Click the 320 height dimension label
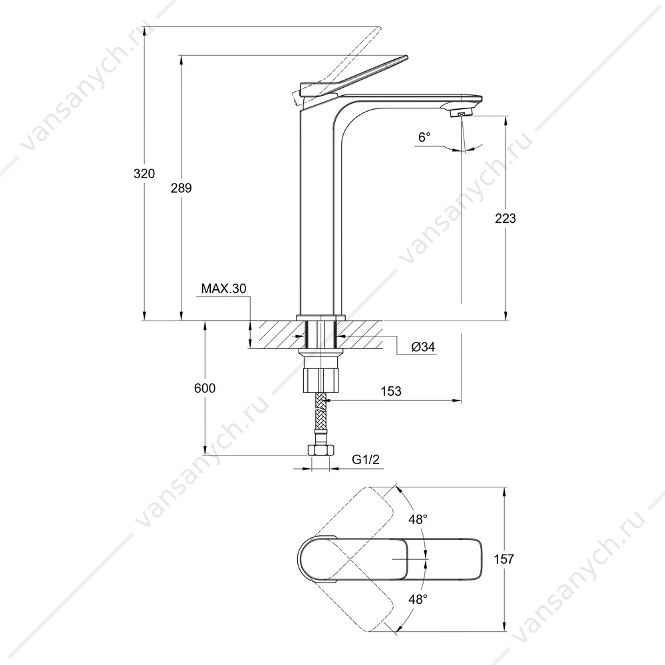click(x=144, y=174)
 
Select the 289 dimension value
click(x=181, y=188)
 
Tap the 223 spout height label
click(x=505, y=218)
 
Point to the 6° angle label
click(x=424, y=137)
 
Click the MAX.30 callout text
click(x=223, y=289)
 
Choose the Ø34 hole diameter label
click(x=423, y=347)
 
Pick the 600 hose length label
click(x=205, y=388)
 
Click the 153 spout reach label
click(x=390, y=391)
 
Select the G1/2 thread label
click(x=366, y=460)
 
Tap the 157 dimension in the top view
click(x=503, y=559)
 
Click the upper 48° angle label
click(x=418, y=519)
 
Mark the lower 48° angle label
click(x=418, y=599)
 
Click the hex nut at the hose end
click(x=321, y=450)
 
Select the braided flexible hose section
click(x=321, y=412)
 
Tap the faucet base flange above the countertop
click(x=321, y=318)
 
